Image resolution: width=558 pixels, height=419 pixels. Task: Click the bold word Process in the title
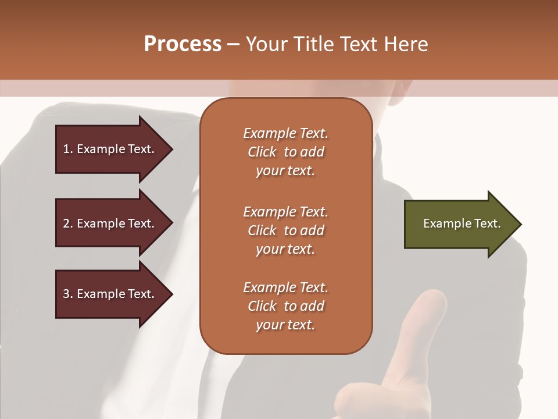click(183, 44)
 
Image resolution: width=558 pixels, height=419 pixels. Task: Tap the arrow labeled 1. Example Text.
click(113, 149)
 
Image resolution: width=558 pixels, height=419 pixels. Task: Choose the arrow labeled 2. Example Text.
click(113, 223)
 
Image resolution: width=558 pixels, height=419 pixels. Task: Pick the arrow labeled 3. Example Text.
click(113, 294)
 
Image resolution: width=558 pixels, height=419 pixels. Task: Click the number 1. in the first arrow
click(68, 149)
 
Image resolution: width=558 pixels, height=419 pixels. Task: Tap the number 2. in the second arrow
click(68, 223)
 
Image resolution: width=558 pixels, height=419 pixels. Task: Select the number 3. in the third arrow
click(68, 294)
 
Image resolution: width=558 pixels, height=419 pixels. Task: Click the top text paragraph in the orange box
click(285, 152)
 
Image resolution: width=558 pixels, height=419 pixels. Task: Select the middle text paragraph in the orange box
click(285, 230)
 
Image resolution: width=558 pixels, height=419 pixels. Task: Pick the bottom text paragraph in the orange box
click(285, 306)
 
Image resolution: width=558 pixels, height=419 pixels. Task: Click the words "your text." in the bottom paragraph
click(285, 325)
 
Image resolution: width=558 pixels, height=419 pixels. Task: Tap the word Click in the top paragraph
click(262, 152)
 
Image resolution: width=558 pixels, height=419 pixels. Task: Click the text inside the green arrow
click(462, 223)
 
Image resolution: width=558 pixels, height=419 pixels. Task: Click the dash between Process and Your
click(234, 44)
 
